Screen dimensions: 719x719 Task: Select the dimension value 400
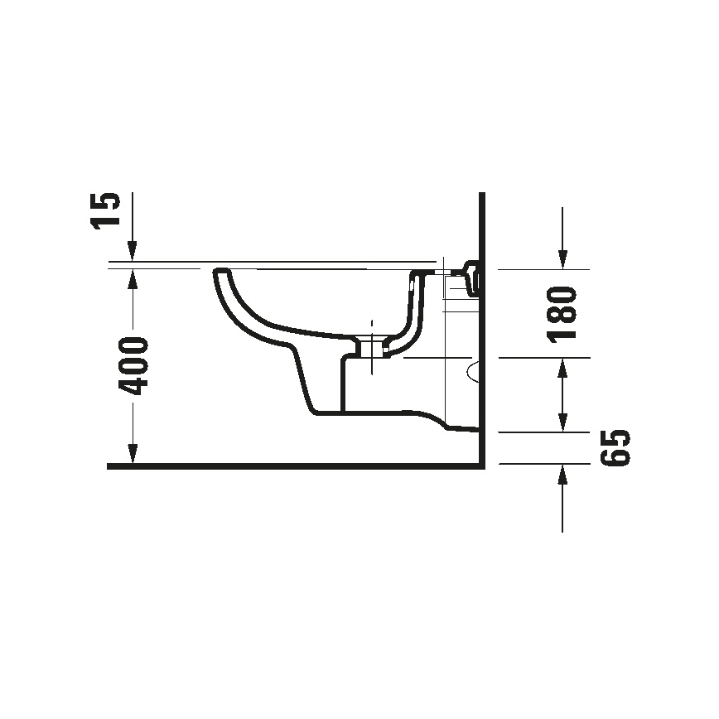tap(132, 365)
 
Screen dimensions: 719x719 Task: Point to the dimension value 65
tap(615, 448)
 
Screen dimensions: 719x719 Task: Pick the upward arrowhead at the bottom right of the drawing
tap(563, 475)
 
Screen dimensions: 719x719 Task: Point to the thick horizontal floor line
tap(290, 466)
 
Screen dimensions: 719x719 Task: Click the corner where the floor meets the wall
tap(481, 466)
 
